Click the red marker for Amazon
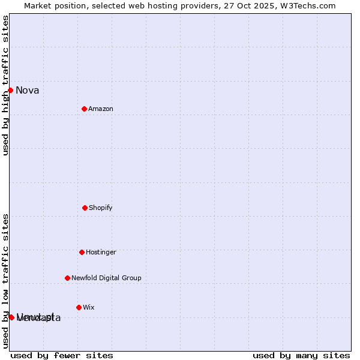click(x=84, y=109)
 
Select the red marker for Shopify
click(x=85, y=208)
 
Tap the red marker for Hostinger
click(x=82, y=252)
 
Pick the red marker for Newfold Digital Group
click(x=67, y=278)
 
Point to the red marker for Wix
click(x=79, y=307)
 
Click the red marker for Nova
click(x=10, y=90)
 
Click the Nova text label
click(x=28, y=91)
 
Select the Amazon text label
click(x=101, y=109)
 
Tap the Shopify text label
click(x=101, y=208)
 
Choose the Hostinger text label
click(x=101, y=253)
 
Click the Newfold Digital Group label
click(x=106, y=278)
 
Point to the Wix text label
click(x=89, y=308)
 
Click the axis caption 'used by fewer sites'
click(x=62, y=355)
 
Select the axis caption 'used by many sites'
click(x=301, y=355)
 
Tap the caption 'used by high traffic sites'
click(x=5, y=85)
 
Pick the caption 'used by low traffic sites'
click(x=5, y=281)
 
